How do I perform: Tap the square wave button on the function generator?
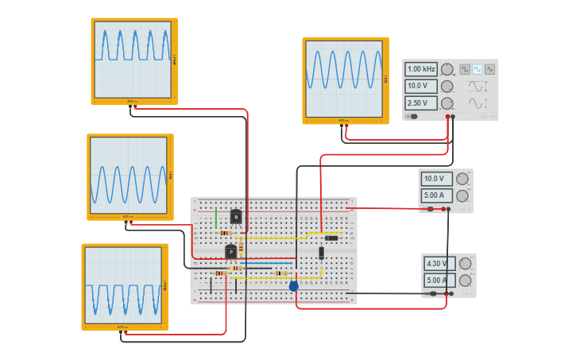coord(465,69)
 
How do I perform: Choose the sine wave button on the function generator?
coord(477,69)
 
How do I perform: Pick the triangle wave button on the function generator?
coord(490,69)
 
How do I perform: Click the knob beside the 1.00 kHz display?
coord(447,69)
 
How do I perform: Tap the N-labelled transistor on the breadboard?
coord(236,217)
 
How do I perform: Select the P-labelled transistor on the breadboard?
coord(230,252)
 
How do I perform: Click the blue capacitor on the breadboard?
coord(294,285)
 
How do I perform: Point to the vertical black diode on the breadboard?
coord(322,253)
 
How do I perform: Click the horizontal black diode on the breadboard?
coord(331,238)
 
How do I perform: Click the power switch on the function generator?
coord(412,116)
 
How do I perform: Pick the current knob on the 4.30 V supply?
coord(465,281)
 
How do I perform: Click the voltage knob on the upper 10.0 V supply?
coord(462,179)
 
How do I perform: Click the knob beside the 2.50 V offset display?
coord(447,103)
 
